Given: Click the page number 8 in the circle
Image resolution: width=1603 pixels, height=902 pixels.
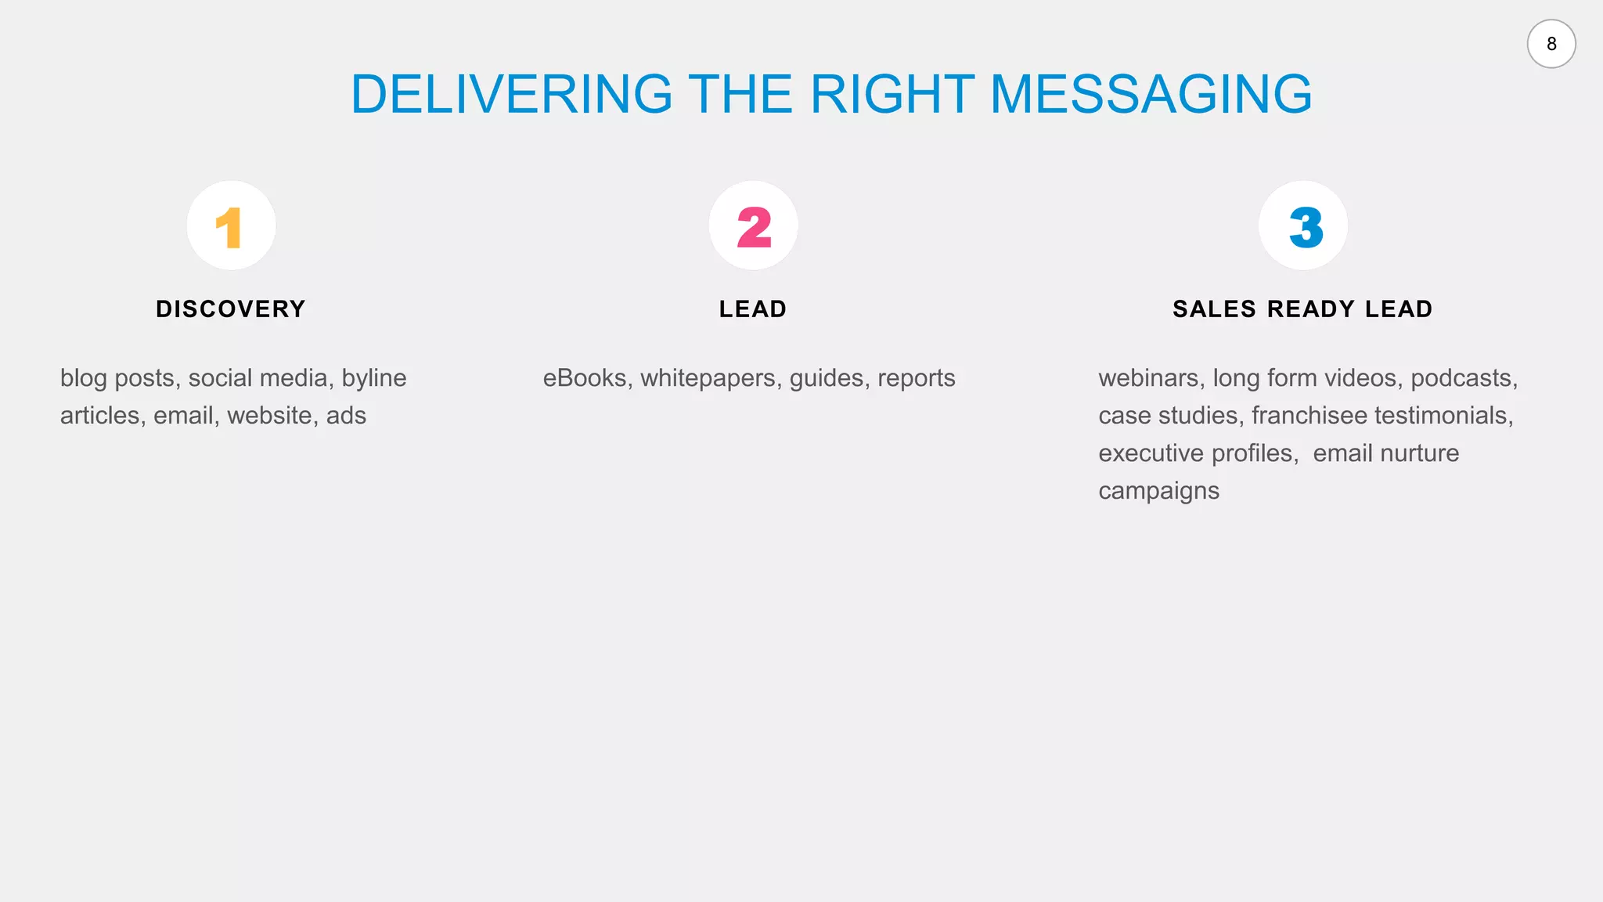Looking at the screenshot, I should pos(1551,44).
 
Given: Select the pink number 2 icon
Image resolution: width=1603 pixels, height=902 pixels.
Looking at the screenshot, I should pos(754,227).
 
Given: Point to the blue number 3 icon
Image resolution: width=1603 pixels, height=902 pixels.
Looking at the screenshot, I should pos(1305,227).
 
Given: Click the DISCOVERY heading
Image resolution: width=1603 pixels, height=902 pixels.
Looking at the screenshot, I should pos(231,309).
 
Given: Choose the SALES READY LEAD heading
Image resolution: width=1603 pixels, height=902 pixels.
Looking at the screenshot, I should pos(1302,309).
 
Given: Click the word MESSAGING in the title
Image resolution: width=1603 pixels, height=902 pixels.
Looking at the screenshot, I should pos(1151,95).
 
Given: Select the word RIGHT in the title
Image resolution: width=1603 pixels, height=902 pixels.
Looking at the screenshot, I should pos(892,95).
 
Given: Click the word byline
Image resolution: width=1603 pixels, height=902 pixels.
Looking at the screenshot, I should pos(374,379).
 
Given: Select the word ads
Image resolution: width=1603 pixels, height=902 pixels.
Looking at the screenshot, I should pos(346,416).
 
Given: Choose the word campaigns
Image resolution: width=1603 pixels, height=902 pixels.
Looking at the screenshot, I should pos(1158,492).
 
